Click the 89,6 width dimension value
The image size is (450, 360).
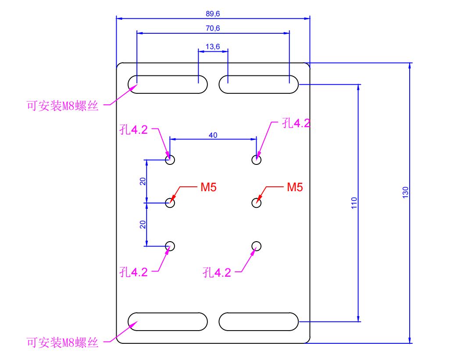pyautogui.click(x=213, y=14)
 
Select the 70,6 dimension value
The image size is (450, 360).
pyautogui.click(x=213, y=28)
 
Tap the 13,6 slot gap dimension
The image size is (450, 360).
pyautogui.click(x=213, y=46)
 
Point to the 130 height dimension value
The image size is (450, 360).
pyautogui.click(x=405, y=192)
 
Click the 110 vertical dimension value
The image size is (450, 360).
pyautogui.click(x=354, y=203)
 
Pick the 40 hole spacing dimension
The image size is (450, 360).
pyautogui.click(x=213, y=135)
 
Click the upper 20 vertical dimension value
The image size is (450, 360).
pyautogui.click(x=143, y=181)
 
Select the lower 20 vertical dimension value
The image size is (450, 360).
pyautogui.click(x=143, y=225)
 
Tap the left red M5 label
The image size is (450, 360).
pyautogui.click(x=208, y=187)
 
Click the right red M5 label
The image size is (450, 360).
pyautogui.click(x=295, y=187)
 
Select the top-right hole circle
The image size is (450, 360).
pyautogui.click(x=256, y=155)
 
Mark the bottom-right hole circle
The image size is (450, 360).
pyautogui.click(x=256, y=242)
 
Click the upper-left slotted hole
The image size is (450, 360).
pyautogui.click(x=168, y=76)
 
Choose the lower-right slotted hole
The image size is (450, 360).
pyautogui.click(x=259, y=313)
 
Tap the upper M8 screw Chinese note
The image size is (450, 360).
pyautogui.click(x=63, y=106)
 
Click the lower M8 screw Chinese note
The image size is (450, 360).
pyautogui.click(x=63, y=342)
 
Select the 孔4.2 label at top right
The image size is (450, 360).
pyautogui.click(x=296, y=123)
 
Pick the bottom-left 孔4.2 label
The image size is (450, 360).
pyautogui.click(x=133, y=272)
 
